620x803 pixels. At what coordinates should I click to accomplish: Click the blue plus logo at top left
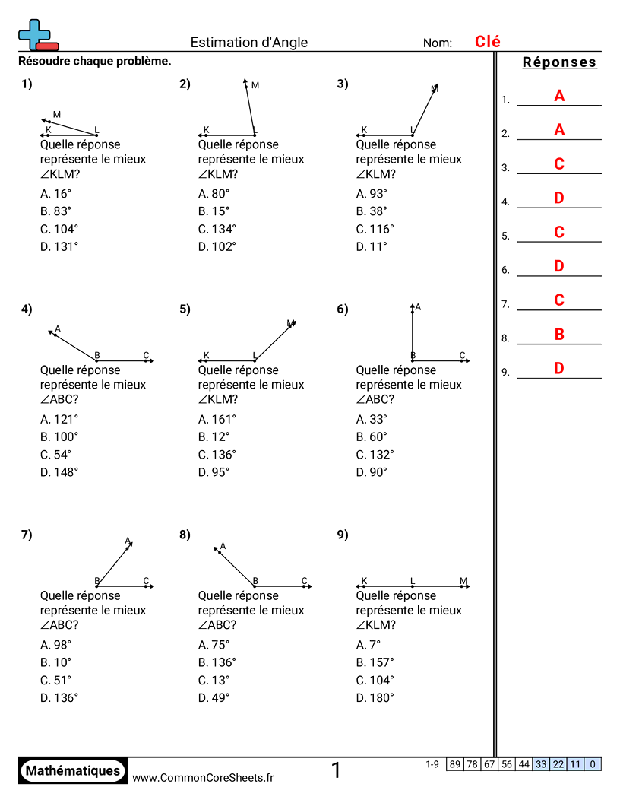[x=36, y=35]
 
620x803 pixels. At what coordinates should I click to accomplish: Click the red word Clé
[x=488, y=42]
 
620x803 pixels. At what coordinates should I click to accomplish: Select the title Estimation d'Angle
[x=249, y=43]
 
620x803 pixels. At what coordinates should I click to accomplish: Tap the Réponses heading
[x=560, y=62]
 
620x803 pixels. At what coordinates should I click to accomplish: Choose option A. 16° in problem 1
[x=55, y=193]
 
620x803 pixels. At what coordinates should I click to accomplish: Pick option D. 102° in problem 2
[x=217, y=246]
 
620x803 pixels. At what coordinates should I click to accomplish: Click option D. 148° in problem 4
[x=59, y=472]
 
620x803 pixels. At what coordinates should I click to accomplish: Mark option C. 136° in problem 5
[x=217, y=455]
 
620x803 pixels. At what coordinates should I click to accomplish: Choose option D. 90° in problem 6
[x=372, y=472]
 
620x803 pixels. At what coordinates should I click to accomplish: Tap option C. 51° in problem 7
[x=55, y=681]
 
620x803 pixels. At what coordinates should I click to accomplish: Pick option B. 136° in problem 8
[x=217, y=662]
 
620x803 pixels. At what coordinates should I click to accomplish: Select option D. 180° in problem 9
[x=375, y=698]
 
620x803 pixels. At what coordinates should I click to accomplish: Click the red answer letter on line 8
[x=559, y=334]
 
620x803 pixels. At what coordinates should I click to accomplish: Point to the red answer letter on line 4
[x=559, y=198]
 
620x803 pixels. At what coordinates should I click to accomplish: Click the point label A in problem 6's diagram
[x=418, y=307]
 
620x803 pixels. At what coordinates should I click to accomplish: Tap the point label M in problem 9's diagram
[x=463, y=582]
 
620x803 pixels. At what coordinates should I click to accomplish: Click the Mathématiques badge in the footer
[x=73, y=771]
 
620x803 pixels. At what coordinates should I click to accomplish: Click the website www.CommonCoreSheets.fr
[x=203, y=777]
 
